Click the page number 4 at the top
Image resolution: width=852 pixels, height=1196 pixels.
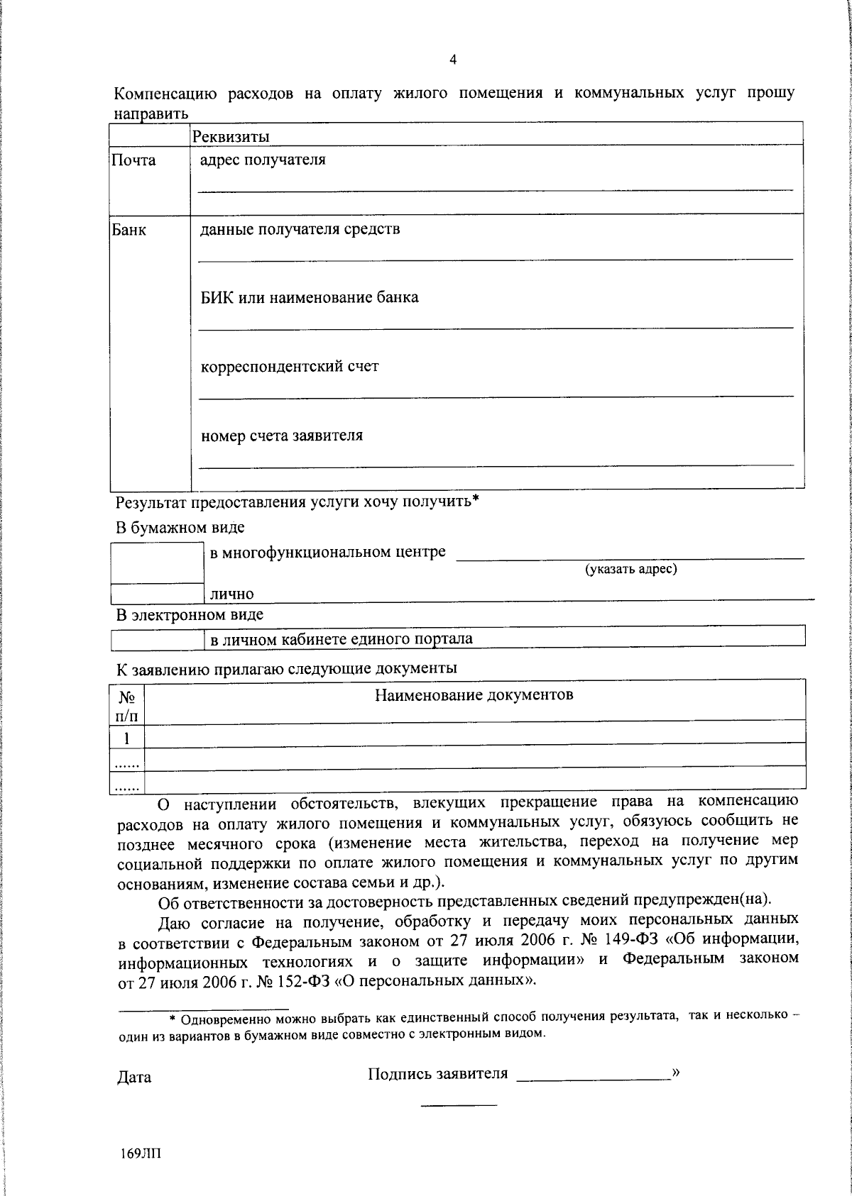(x=453, y=60)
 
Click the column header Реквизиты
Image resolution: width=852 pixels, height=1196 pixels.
(x=231, y=136)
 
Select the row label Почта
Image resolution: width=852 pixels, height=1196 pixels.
(x=133, y=160)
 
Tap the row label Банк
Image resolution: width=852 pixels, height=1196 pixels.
(x=129, y=230)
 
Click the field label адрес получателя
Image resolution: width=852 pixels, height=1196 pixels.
(x=263, y=160)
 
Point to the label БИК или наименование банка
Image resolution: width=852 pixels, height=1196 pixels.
(x=310, y=297)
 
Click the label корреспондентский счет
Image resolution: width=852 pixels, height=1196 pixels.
(x=290, y=367)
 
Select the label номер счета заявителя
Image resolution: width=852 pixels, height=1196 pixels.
(x=282, y=436)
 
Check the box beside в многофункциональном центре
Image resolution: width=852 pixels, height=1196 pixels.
(x=157, y=563)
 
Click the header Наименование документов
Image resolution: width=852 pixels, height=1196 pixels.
(x=474, y=694)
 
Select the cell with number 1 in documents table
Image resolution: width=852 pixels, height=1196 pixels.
(x=127, y=738)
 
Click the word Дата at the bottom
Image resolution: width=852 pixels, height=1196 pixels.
(x=134, y=1078)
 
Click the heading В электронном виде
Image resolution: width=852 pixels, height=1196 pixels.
(x=190, y=614)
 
